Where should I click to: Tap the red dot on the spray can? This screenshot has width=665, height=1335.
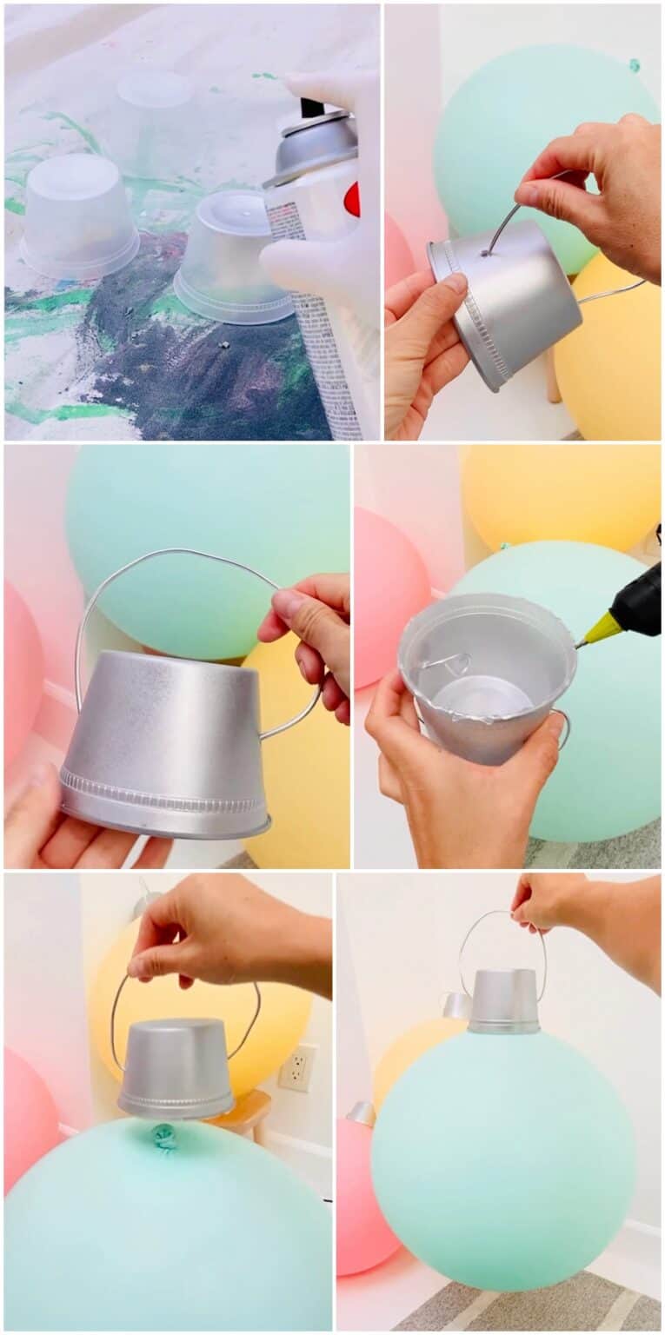point(352,199)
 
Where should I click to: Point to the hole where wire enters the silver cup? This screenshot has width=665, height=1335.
point(484,254)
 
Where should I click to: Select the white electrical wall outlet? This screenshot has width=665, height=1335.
point(297,1068)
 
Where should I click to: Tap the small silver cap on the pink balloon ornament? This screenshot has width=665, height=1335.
point(362,1112)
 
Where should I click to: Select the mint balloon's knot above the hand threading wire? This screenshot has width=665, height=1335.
point(634,65)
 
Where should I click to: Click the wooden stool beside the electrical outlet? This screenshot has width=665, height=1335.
point(243,1112)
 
